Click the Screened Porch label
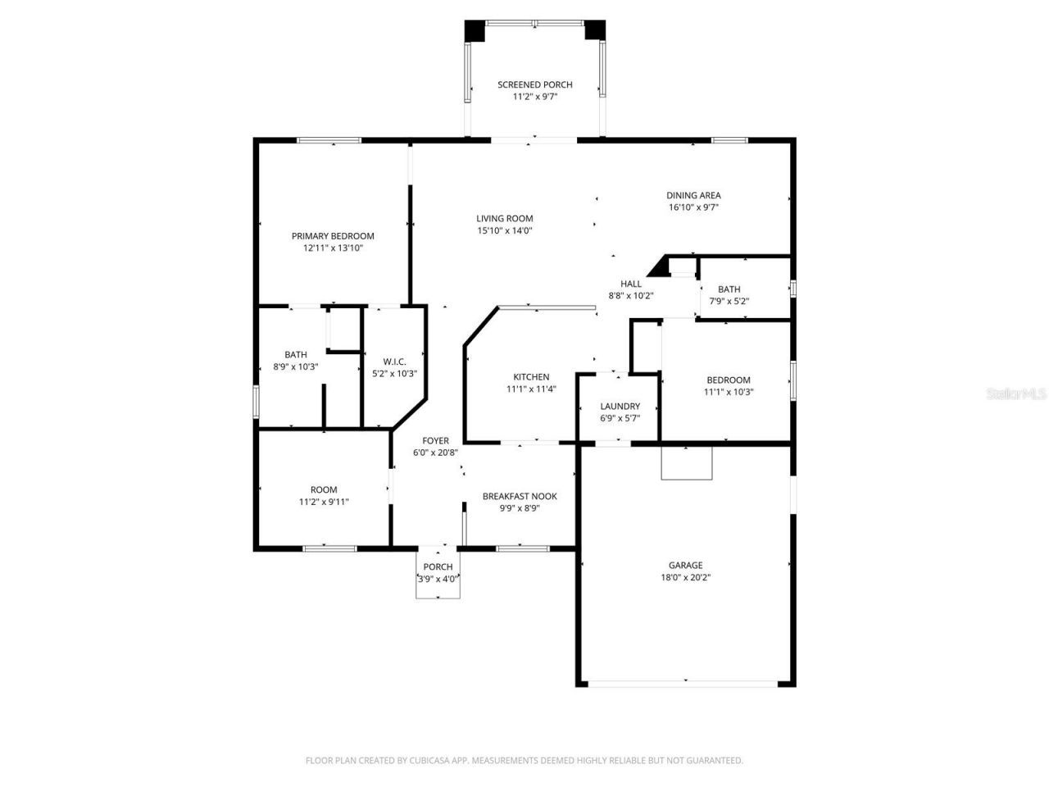(x=535, y=84)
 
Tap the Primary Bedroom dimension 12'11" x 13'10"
(x=333, y=248)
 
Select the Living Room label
(x=505, y=218)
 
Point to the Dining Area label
(x=693, y=195)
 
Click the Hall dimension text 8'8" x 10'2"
(x=631, y=296)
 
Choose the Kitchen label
(x=531, y=377)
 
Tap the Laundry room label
(x=620, y=407)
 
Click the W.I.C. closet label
(x=394, y=362)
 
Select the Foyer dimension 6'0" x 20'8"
(x=435, y=453)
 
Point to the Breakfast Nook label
(x=520, y=496)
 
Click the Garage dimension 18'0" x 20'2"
(x=685, y=577)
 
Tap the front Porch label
(x=438, y=567)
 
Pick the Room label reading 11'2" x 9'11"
(x=324, y=490)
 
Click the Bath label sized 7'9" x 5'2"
(x=729, y=289)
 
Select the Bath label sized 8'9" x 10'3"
(x=296, y=355)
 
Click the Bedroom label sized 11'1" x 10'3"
(x=729, y=380)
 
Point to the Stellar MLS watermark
(x=1016, y=394)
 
